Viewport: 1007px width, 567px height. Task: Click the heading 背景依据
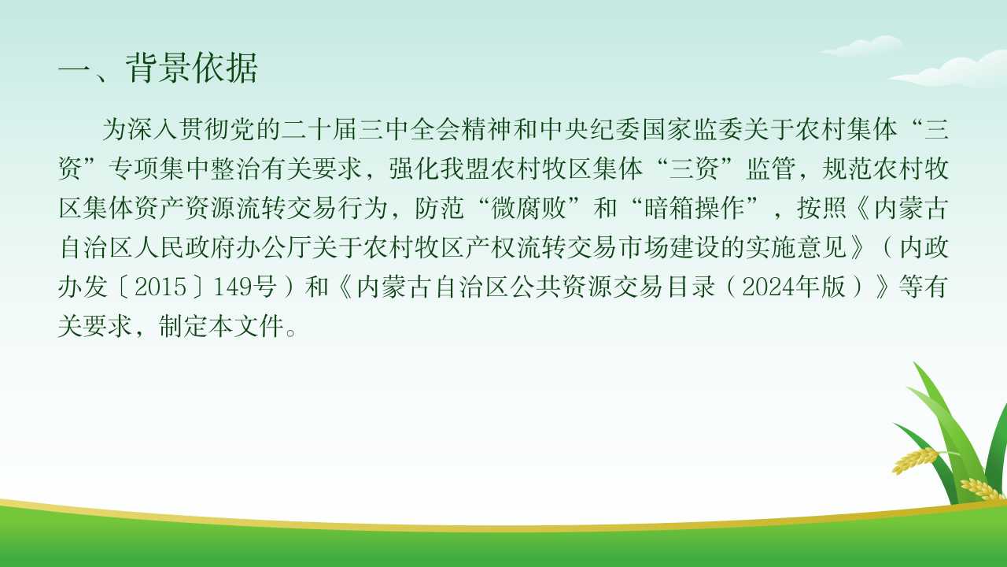tap(192, 68)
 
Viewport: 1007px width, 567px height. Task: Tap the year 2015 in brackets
tap(160, 287)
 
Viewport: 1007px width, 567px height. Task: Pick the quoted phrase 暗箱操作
tap(694, 208)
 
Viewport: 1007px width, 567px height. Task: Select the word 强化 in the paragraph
tap(414, 169)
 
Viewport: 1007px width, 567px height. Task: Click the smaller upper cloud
tap(861, 46)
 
